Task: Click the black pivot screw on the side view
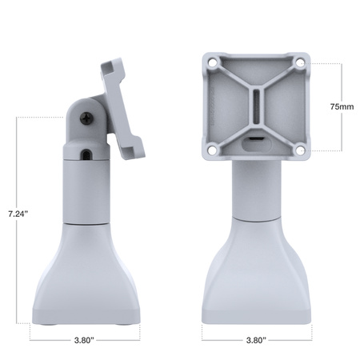(83, 117)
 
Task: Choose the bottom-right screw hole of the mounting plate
(299, 150)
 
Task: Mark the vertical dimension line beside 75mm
(342, 80)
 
